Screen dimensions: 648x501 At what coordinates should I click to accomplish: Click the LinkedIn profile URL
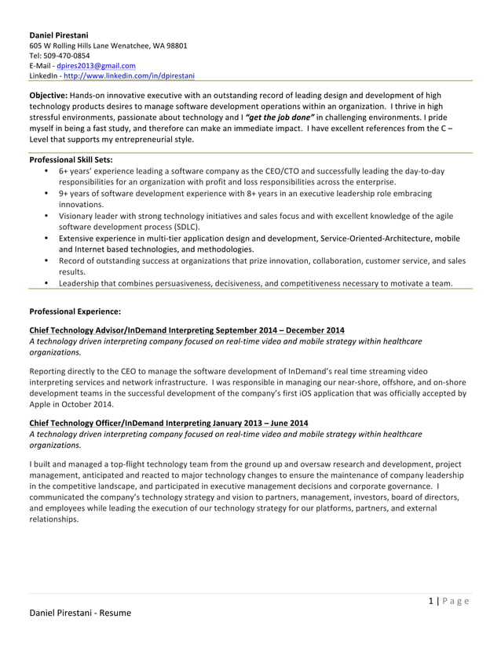129,76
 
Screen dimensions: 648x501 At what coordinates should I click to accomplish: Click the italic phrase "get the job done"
273,118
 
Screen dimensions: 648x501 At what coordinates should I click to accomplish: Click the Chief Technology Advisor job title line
186,330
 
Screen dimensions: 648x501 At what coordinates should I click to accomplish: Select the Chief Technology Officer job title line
168,423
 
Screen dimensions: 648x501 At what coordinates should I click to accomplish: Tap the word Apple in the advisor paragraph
41,405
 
